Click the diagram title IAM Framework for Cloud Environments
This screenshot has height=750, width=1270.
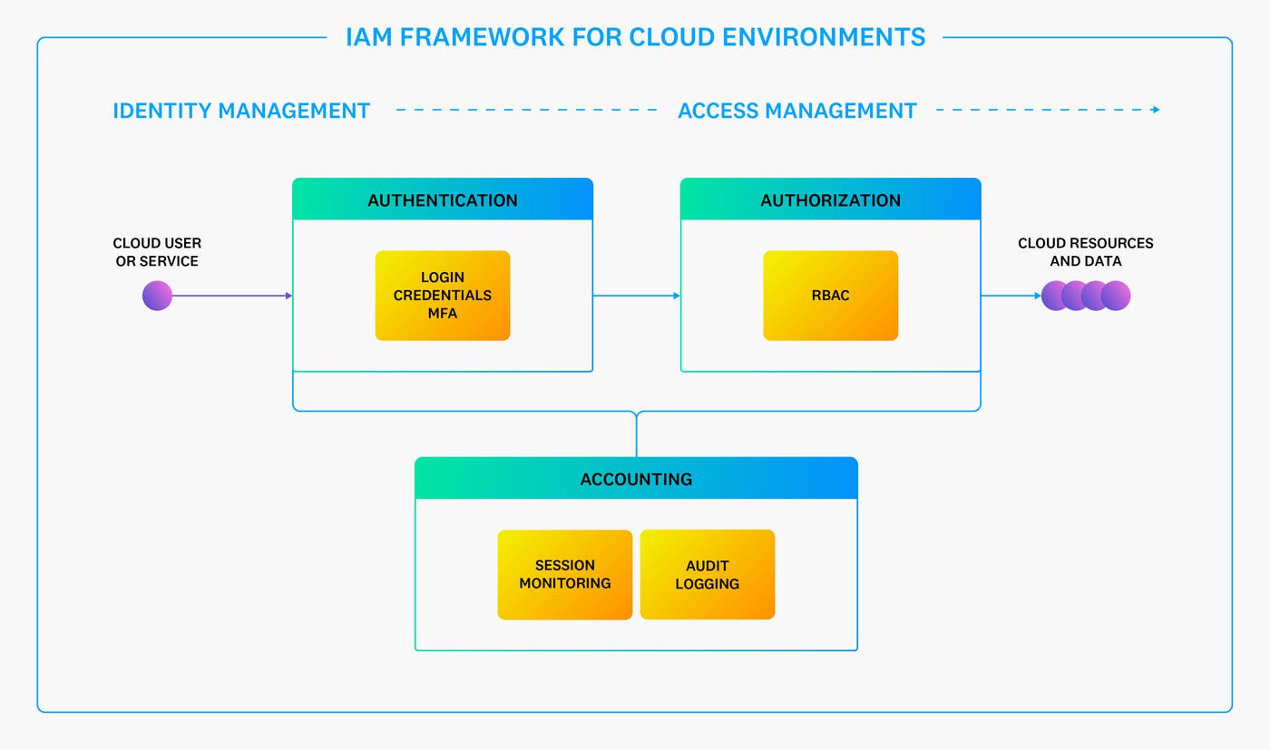(635, 37)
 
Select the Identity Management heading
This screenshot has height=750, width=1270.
(241, 111)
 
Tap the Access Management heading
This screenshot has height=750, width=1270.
(797, 111)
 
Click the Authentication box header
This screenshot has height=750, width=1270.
(443, 200)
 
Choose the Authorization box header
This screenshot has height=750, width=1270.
(830, 200)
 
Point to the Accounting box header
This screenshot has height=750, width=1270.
(636, 479)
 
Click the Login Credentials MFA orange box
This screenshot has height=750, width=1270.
(443, 296)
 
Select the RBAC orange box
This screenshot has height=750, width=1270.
(830, 296)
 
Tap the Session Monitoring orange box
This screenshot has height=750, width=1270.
(564, 575)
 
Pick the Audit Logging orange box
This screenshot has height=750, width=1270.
(708, 575)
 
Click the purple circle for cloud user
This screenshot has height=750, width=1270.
(157, 296)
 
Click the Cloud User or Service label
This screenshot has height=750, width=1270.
(157, 252)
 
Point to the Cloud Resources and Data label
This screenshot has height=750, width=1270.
(1086, 252)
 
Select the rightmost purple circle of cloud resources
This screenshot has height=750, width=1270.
(1116, 296)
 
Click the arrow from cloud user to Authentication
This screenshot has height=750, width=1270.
(231, 296)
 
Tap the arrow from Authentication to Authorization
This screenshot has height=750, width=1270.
(636, 296)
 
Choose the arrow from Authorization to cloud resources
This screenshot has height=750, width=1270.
(1011, 296)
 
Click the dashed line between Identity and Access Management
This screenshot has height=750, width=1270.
(526, 110)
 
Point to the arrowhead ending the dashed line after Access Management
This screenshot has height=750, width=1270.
(1156, 110)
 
